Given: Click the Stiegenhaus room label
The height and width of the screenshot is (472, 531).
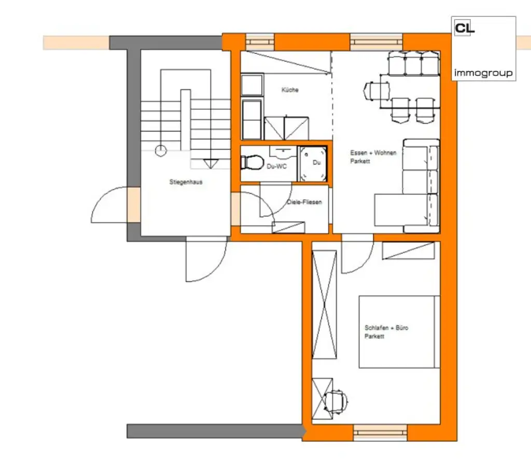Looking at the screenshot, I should pos(185,183).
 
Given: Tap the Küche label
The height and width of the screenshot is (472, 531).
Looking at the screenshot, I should pos(290,90).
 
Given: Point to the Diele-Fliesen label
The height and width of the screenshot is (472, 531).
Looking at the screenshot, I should pos(304,202).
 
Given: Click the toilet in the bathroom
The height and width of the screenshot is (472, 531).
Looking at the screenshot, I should pos(251,162).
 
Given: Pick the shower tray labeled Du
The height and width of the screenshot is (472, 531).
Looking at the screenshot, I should pos(312,163).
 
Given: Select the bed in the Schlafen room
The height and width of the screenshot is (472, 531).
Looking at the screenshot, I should pos(399,332).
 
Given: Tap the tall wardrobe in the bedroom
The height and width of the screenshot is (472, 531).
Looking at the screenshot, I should pos(324,304).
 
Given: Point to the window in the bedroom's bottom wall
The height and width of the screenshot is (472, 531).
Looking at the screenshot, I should pos(380,431).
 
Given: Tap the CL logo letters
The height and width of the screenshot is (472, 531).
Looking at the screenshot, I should pos(464,28).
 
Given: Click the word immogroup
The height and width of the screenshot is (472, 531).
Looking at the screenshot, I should pos(483,73).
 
